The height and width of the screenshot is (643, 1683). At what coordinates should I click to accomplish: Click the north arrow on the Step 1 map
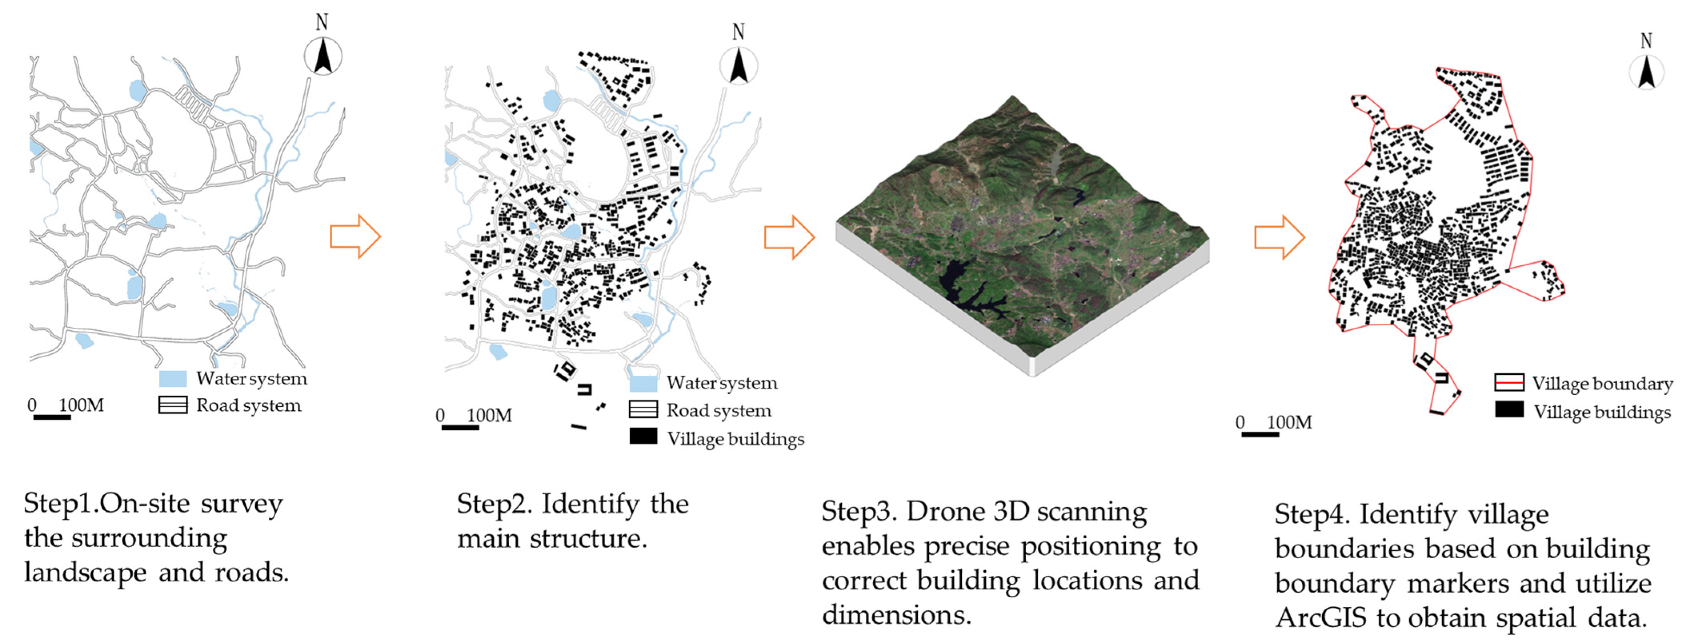tap(323, 56)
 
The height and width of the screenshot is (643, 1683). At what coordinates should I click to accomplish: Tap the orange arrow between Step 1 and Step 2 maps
tap(355, 236)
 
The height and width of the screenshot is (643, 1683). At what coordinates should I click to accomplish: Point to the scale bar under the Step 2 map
tap(460, 427)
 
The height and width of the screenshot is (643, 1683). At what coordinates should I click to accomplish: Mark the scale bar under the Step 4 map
tap(1260, 434)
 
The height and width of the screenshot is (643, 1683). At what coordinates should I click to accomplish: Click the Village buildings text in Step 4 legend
tap(1601, 412)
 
